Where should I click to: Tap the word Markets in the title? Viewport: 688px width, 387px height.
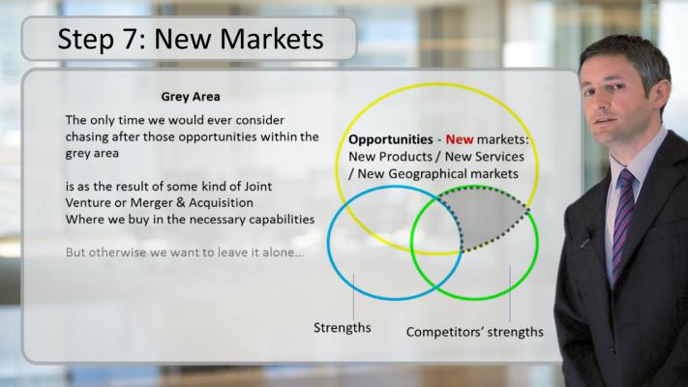click(x=272, y=39)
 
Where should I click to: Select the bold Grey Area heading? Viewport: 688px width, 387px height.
click(x=191, y=97)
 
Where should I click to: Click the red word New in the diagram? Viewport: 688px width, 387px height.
click(x=460, y=139)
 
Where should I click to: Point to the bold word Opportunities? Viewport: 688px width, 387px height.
click(x=391, y=140)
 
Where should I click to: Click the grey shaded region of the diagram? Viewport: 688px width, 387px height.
click(x=487, y=217)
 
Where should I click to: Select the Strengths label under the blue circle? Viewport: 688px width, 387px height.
click(x=343, y=328)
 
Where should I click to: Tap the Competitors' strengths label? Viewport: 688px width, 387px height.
click(x=475, y=332)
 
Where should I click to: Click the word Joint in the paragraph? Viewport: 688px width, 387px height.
click(x=258, y=186)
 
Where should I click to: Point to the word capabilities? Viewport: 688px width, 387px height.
click(x=282, y=220)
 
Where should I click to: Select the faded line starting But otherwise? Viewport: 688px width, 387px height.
click(x=185, y=253)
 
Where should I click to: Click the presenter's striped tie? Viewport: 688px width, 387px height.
click(x=622, y=220)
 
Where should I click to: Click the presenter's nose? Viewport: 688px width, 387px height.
click(x=604, y=102)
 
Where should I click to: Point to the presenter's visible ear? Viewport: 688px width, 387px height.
click(x=663, y=93)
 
